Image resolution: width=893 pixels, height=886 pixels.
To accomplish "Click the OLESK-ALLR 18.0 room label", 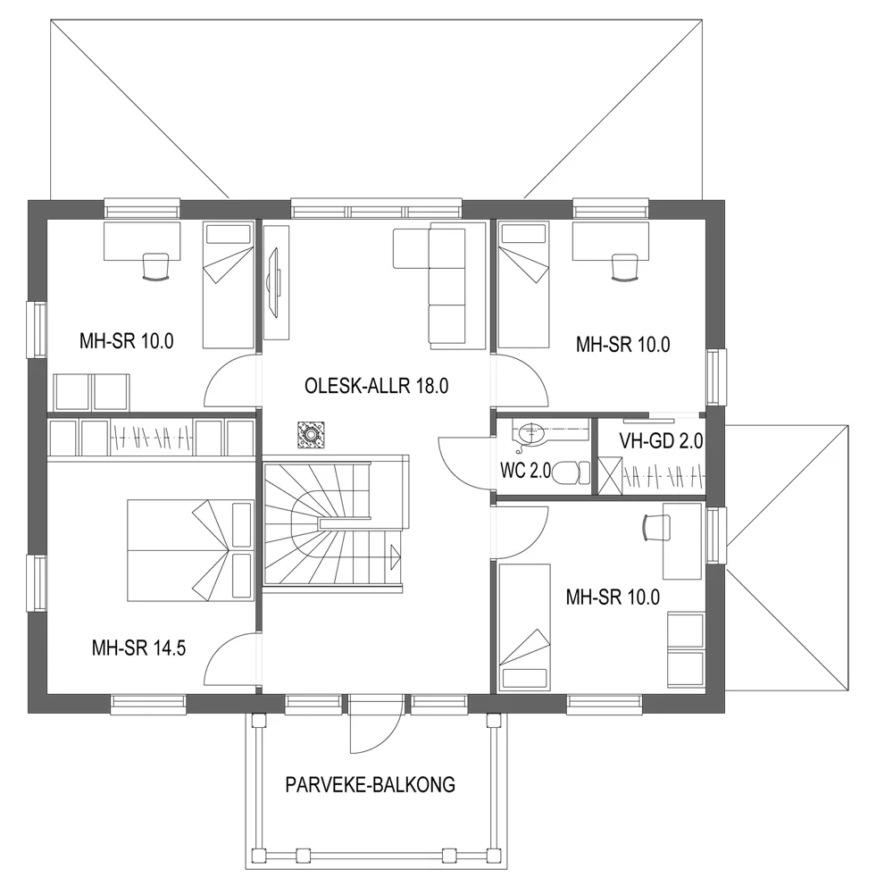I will [375, 387].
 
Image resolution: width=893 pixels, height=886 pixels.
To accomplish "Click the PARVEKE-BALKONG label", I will [371, 785].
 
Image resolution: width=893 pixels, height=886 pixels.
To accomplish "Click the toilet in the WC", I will [568, 472].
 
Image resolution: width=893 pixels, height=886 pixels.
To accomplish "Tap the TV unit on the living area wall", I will [277, 281].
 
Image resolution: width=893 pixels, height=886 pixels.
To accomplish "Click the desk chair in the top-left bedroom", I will [155, 266].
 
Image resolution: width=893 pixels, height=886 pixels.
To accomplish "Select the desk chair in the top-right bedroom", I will [625, 266].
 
